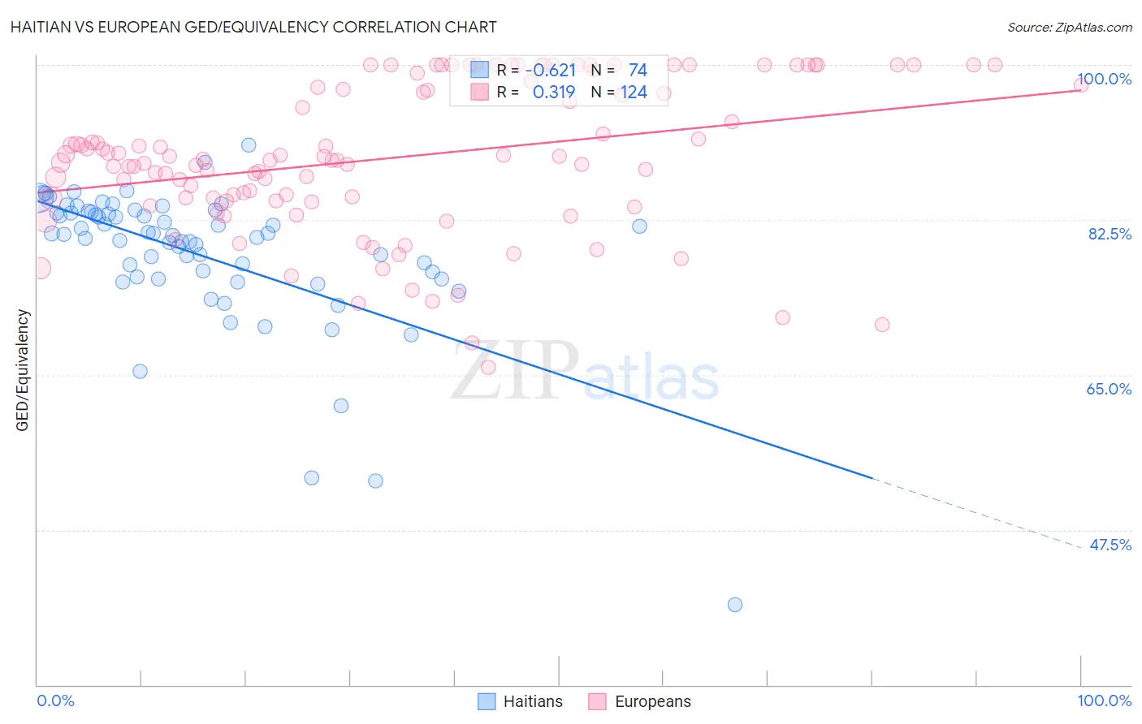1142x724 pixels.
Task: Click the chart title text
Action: [x=253, y=27]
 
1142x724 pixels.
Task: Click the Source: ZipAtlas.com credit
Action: [x=1069, y=27]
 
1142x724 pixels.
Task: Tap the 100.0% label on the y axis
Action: [x=1104, y=79]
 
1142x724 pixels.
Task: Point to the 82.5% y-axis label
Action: [x=1109, y=234]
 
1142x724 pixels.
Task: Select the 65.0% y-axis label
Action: [x=1109, y=389]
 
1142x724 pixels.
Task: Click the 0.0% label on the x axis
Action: [x=55, y=700]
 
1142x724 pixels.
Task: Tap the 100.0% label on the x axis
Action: [x=1104, y=700]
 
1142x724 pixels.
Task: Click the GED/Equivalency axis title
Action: [x=23, y=370]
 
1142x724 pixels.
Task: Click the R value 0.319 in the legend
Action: [x=554, y=93]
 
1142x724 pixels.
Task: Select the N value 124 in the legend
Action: [x=634, y=93]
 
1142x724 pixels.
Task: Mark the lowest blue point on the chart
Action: [x=735, y=605]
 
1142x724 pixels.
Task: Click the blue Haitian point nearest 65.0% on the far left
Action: [x=140, y=371]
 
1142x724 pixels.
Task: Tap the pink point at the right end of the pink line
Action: [x=1081, y=85]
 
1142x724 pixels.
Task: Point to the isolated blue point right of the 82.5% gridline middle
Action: [x=639, y=226]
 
